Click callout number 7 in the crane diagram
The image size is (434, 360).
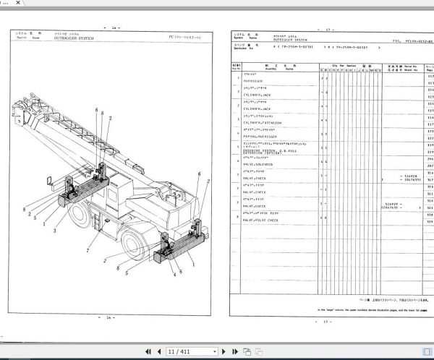tap(87, 252)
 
